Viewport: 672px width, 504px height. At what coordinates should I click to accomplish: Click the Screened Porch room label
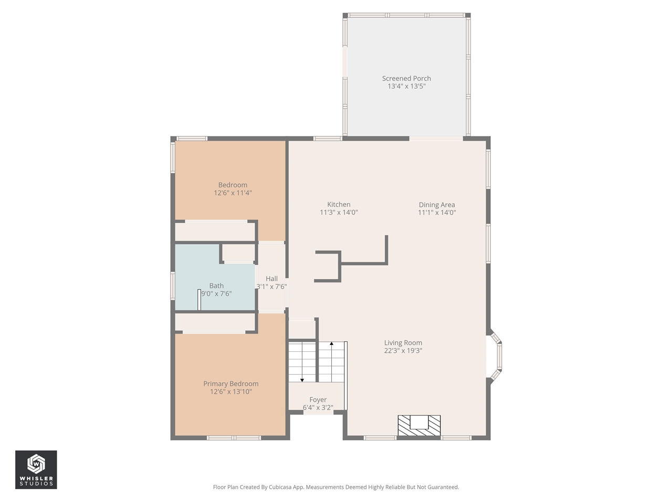tap(406, 78)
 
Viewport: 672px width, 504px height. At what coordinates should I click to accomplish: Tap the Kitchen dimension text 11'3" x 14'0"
tap(339, 213)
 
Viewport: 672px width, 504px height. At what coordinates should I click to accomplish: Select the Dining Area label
tap(437, 205)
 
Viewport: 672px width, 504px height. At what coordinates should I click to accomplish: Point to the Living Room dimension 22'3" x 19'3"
tap(403, 351)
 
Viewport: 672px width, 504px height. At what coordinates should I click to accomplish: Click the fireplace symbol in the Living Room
tap(419, 425)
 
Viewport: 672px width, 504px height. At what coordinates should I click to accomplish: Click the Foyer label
tap(318, 400)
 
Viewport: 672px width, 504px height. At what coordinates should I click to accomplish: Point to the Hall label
tap(271, 279)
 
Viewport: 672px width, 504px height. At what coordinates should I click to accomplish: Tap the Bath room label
tap(216, 286)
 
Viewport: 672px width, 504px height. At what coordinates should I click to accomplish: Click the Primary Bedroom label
tap(231, 384)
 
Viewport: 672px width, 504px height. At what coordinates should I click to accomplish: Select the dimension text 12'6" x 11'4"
tap(233, 193)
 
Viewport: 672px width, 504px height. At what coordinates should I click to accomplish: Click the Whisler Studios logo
tap(36, 469)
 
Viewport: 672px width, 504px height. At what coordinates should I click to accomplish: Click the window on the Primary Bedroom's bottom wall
tap(234, 438)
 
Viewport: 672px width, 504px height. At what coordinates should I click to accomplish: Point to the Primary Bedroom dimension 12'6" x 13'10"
tap(231, 392)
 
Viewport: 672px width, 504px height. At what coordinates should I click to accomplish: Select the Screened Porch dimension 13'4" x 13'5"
tap(406, 86)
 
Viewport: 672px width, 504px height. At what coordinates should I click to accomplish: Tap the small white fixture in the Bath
tap(199, 300)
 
